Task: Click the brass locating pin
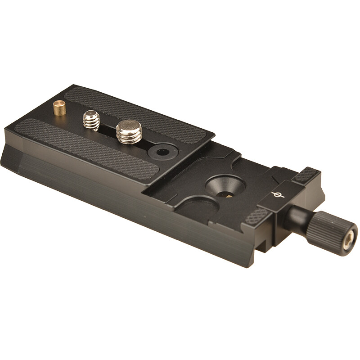pos(59,108)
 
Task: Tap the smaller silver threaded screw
pos(91,121)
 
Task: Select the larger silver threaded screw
pos(129,131)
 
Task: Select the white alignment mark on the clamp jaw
pos(278,194)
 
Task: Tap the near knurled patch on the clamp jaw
pos(256,216)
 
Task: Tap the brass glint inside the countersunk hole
pos(228,195)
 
